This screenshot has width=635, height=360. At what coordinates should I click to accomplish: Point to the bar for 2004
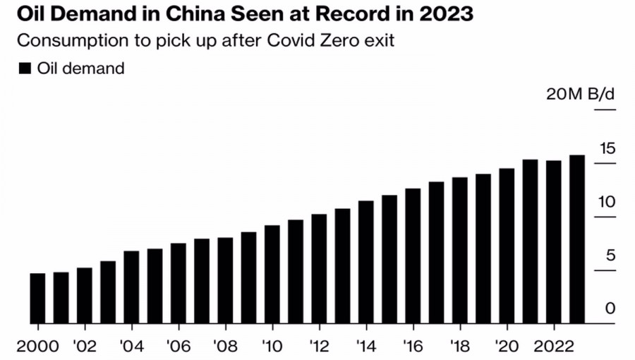point(131,287)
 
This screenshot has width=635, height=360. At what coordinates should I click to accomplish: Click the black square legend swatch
point(24,68)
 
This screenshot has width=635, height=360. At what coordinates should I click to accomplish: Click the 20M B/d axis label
point(581,95)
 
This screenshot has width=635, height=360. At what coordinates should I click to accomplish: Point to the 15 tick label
point(607,149)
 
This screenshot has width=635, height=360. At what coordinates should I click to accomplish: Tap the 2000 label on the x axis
point(37,347)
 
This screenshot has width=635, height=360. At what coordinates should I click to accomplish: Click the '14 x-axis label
point(365,347)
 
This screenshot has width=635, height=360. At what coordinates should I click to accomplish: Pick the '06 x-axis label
point(178,347)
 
